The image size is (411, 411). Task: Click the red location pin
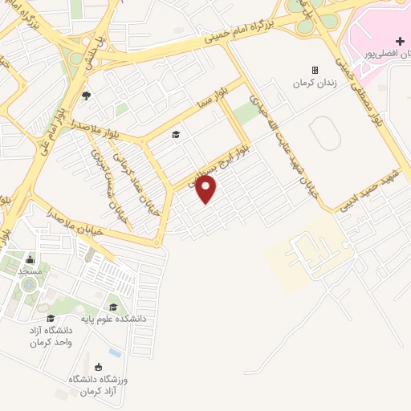[x=206, y=189]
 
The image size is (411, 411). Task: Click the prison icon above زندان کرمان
[x=315, y=70]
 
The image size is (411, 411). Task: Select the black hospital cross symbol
[x=400, y=41]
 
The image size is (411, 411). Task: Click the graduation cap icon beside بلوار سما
[x=176, y=134]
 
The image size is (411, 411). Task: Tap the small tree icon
[x=86, y=97]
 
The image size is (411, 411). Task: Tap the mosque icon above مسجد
[x=31, y=259]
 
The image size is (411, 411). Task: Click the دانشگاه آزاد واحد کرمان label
[x=52, y=336]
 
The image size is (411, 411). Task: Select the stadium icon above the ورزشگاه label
[x=98, y=366]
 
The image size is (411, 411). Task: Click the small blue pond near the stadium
[x=116, y=352]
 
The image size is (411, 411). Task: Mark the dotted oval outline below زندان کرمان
[x=323, y=134]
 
